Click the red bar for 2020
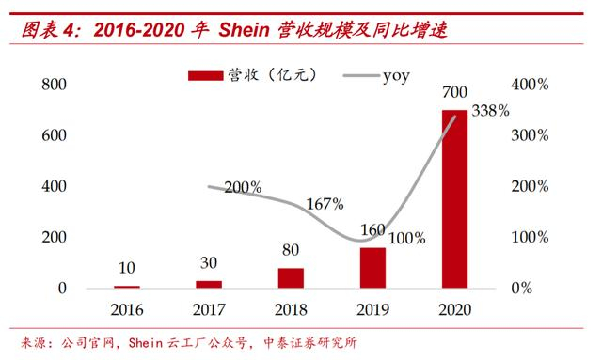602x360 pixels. tap(454, 198)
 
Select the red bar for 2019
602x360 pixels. tap(372, 268)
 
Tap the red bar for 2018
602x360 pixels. tap(291, 277)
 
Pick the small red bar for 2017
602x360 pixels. tap(210, 284)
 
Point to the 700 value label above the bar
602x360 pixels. tap(454, 91)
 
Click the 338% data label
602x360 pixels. tap(489, 110)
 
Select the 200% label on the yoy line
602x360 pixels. tap(243, 187)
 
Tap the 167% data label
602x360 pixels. tap(325, 204)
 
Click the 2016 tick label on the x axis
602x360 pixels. tap(128, 308)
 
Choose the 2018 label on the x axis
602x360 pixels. tap(291, 308)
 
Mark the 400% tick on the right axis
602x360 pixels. tap(529, 85)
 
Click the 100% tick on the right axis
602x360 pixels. tap(529, 237)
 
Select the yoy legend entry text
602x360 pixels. tap(396, 71)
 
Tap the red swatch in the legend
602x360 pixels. tap(203, 72)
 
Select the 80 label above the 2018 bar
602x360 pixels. tap(291, 251)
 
